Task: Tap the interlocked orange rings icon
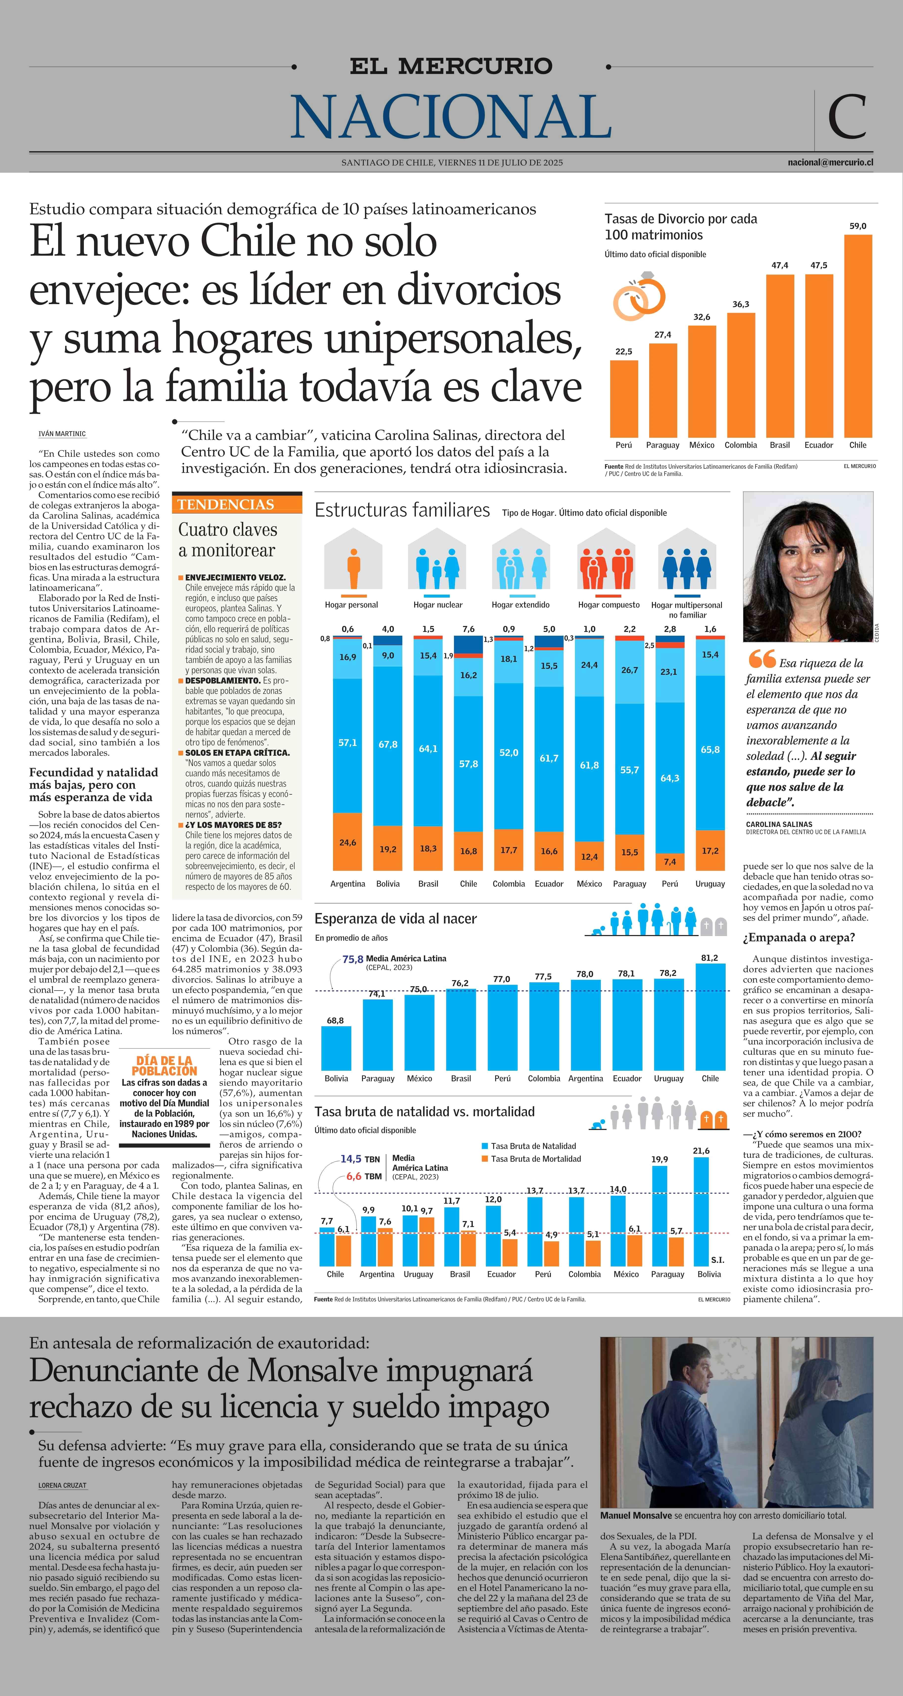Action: pos(639,296)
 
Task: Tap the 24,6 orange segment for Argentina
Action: pos(348,842)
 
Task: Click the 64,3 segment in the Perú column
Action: pos(670,777)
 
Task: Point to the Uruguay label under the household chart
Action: pos(710,884)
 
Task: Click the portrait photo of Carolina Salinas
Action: pos(808,566)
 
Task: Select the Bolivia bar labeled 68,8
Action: pos(336,1047)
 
